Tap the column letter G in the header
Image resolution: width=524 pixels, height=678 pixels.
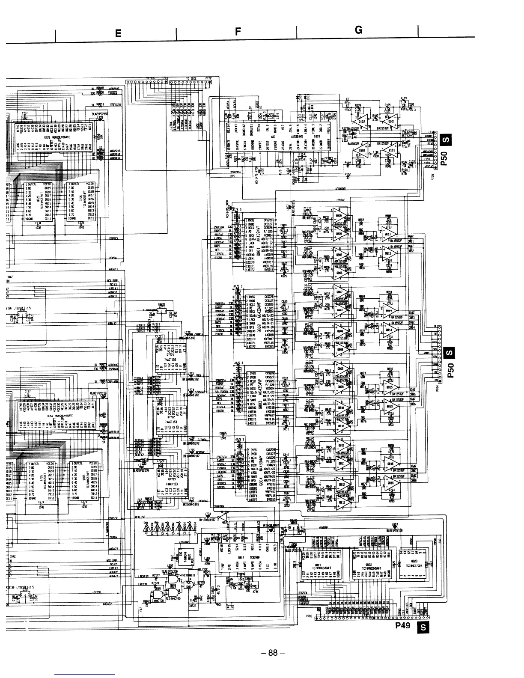point(358,30)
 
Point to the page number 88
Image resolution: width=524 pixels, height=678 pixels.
point(273,653)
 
